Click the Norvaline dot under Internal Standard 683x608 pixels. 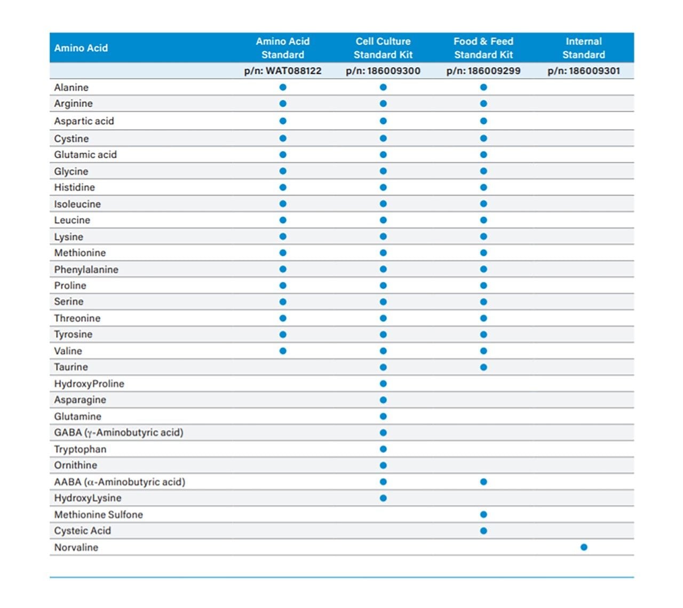point(584,547)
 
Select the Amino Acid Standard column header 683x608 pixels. point(283,48)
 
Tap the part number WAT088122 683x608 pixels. point(283,71)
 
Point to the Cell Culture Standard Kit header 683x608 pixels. point(383,48)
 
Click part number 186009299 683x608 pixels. point(483,71)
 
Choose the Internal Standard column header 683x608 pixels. point(584,48)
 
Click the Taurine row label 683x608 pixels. point(71,367)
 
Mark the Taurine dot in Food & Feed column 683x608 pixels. point(483,367)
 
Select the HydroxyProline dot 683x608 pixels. point(383,384)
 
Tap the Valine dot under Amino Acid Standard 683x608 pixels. point(283,351)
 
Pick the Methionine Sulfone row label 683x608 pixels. point(99,515)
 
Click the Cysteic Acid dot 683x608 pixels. point(483,531)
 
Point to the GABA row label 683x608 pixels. point(118,432)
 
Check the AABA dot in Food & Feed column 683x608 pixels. point(483,482)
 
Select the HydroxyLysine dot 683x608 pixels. point(383,498)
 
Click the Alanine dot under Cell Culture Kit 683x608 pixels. point(383,87)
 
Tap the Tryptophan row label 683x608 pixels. point(80,449)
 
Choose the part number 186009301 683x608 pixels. point(584,71)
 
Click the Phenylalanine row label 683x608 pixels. point(86,270)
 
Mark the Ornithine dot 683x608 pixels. point(383,465)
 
